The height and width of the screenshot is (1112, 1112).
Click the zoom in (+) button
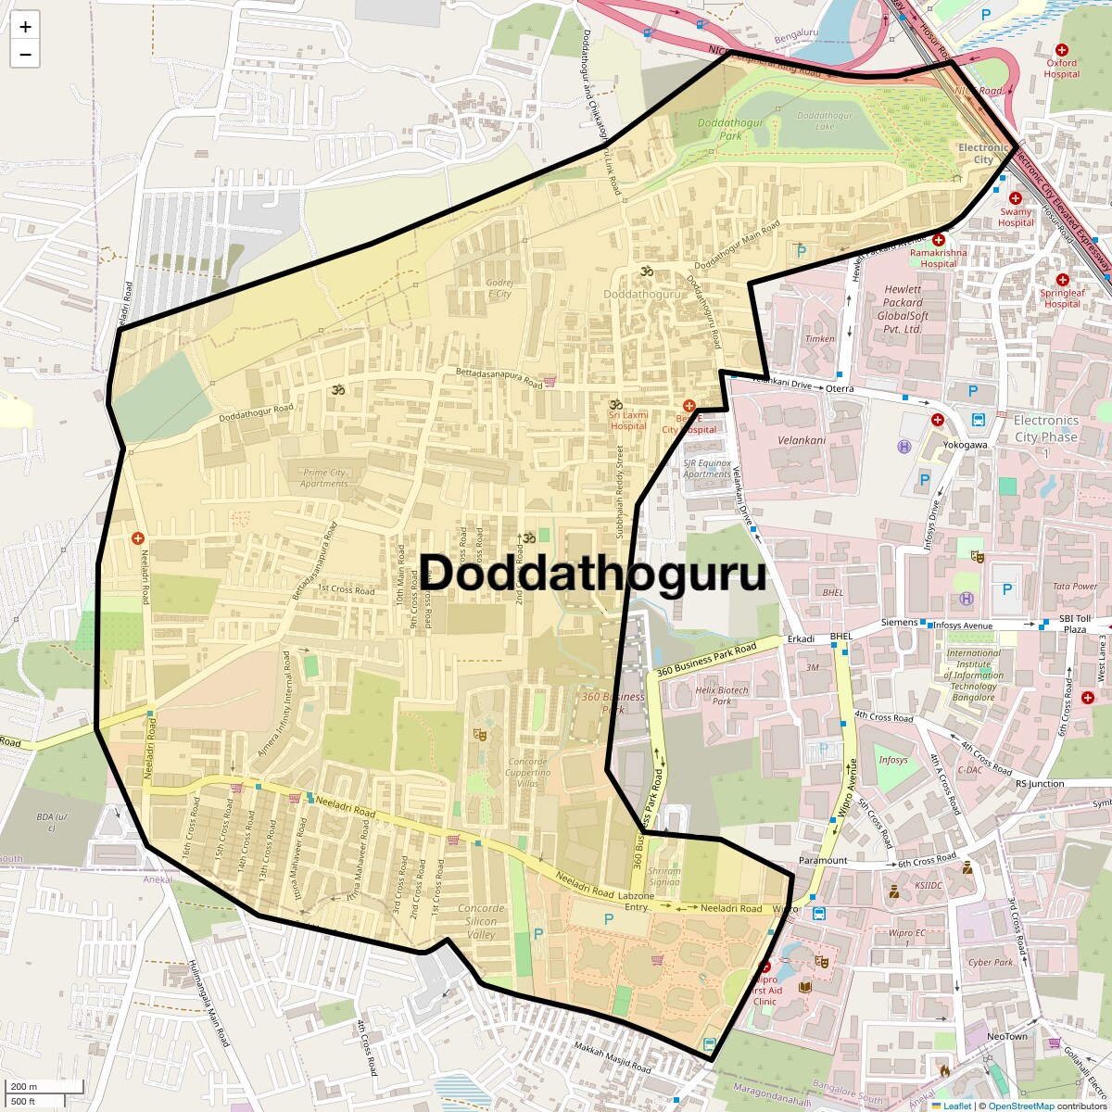click(x=25, y=27)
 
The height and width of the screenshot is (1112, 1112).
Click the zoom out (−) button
click(x=25, y=55)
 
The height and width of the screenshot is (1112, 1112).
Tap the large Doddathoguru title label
click(x=594, y=574)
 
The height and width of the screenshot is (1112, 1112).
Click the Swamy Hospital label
click(x=1016, y=217)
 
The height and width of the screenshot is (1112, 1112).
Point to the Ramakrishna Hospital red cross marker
click(x=939, y=240)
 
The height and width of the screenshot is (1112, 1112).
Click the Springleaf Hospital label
click(x=1062, y=297)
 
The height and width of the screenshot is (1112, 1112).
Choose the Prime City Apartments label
click(x=324, y=477)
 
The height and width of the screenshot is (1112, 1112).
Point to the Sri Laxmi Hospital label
click(x=627, y=421)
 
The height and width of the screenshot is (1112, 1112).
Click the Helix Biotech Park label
click(x=722, y=695)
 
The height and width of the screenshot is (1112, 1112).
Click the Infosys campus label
click(x=893, y=760)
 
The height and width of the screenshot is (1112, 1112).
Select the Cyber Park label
click(x=991, y=962)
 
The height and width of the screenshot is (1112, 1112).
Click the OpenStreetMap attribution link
click(x=1020, y=1106)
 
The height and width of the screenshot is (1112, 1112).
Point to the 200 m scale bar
click(x=24, y=1087)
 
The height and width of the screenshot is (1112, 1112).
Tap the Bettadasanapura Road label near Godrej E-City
click(x=499, y=377)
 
